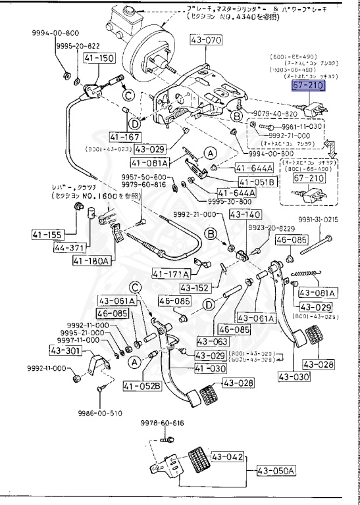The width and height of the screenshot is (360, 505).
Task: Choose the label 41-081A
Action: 149,162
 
